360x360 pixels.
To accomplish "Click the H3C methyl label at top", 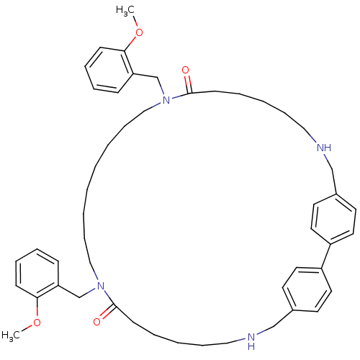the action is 125,11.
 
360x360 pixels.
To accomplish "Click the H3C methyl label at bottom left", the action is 11,336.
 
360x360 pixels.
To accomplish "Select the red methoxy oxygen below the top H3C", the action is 139,32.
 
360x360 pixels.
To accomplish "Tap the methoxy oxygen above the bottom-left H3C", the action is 37,323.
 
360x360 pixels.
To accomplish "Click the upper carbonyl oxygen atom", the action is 185,71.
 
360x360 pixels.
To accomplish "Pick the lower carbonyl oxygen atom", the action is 96,322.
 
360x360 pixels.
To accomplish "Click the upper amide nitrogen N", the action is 166,100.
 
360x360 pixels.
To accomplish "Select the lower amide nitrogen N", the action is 101,286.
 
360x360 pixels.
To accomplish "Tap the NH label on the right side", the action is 324,148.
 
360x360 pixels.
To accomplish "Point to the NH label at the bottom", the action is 251,341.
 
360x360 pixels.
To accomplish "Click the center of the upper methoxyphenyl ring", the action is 109,70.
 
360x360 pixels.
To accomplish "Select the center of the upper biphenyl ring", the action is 333,219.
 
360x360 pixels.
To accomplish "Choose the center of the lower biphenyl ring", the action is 307,289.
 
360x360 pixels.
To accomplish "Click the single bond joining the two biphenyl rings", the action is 326,256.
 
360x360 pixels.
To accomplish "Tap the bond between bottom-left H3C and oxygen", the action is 27,328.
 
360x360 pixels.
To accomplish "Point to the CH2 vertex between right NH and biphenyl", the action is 332,169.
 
